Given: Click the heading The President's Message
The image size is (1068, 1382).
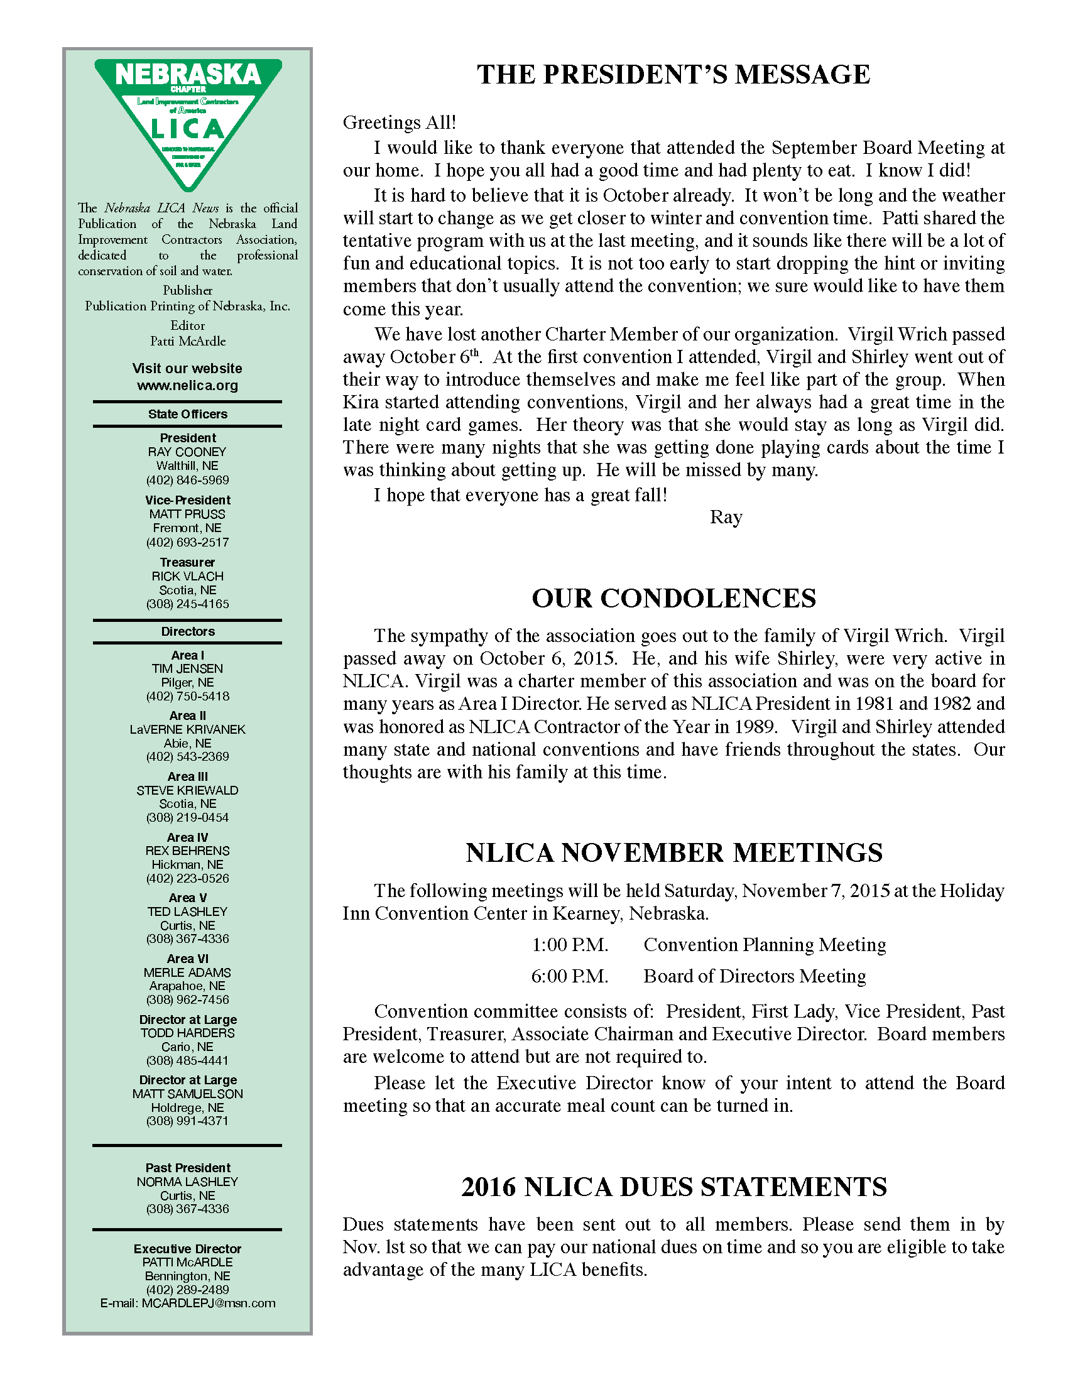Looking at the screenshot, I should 673,75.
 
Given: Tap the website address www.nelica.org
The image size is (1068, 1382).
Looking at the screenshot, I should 187,385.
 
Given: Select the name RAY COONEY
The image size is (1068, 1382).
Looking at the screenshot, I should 187,452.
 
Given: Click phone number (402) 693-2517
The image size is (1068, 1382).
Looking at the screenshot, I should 187,542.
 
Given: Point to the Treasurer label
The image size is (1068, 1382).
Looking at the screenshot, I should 187,562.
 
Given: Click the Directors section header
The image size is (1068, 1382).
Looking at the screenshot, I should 187,631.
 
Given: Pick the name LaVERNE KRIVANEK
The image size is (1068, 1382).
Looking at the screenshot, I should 187,729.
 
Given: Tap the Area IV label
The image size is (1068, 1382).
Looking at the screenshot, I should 187,837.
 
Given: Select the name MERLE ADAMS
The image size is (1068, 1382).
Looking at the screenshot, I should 187,972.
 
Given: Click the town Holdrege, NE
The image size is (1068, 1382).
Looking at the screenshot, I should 187,1107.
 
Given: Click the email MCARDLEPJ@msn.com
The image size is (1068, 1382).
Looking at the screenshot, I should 208,1303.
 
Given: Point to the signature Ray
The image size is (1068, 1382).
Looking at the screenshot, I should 726,518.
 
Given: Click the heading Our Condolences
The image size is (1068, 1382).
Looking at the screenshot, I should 673,599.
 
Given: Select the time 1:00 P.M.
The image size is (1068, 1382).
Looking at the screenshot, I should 569,945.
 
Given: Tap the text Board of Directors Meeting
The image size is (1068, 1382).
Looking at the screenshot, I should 754,976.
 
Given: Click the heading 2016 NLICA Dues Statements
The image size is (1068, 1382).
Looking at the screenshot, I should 673,1187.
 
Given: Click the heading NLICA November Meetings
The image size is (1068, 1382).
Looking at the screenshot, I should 673,853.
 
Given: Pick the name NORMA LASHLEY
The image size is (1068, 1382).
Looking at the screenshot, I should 187,1182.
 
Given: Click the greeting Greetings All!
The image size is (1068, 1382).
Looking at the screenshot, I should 399,122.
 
